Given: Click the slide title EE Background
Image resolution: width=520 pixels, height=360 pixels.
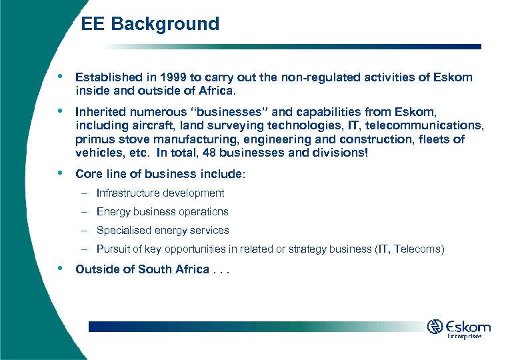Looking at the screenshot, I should point(150,24).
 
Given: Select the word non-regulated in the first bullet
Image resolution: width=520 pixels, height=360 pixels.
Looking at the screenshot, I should point(307,77).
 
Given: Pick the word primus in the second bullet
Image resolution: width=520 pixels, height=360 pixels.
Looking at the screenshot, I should point(94,139).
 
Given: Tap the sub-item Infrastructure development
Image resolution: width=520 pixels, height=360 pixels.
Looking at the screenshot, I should point(160,193).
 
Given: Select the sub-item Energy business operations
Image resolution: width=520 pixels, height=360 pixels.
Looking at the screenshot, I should point(162,212).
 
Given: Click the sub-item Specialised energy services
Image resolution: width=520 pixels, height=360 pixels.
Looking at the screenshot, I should point(163,231).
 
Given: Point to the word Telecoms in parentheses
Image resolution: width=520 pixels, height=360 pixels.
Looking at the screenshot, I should point(417,249).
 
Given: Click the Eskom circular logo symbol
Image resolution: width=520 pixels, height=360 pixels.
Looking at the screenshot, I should point(435,327).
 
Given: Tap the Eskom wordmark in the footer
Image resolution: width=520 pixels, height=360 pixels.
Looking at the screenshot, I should point(469,327).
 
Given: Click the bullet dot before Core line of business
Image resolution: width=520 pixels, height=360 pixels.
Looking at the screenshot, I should point(61,173).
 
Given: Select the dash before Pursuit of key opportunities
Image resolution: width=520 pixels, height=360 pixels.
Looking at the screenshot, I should point(85,249).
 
